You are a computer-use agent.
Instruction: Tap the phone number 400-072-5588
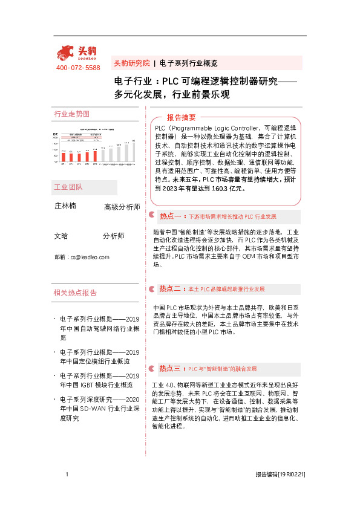point(78,68)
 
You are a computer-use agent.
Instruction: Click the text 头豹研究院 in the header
point(131,63)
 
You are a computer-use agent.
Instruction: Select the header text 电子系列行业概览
point(188,63)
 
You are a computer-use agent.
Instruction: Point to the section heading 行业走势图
point(71,114)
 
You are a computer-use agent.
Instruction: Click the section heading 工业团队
point(68,186)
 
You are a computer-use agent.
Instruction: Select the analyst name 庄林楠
point(65,206)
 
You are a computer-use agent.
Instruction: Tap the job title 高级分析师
point(122,207)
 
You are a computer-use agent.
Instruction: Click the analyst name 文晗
point(61,236)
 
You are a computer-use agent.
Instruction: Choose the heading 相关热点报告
point(75,293)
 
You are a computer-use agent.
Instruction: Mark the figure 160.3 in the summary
point(179,188)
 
